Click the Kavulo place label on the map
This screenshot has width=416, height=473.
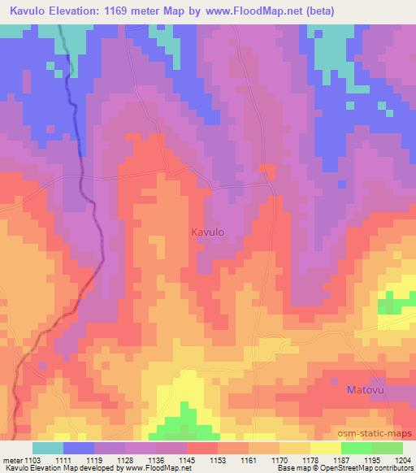[x=207, y=232]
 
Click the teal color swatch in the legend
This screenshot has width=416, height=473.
[x=47, y=448]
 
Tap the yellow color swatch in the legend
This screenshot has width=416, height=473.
[x=325, y=448]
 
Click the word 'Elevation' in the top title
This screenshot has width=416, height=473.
[x=74, y=11]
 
